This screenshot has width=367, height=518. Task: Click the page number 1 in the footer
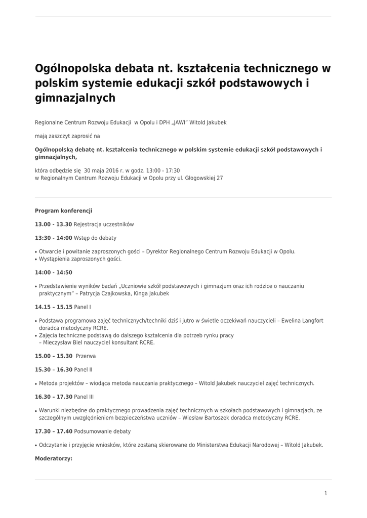point(326,493)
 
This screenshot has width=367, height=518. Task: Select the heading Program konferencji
point(63,210)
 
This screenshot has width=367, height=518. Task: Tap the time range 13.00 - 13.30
point(53,224)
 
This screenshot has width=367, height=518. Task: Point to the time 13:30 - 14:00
point(53,238)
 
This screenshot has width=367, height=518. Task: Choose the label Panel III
point(84,397)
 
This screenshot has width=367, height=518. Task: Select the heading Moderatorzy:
point(53,459)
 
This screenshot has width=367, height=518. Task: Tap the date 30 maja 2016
point(101,171)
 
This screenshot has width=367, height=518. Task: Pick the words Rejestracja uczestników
point(104,224)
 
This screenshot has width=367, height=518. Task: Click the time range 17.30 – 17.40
point(53,431)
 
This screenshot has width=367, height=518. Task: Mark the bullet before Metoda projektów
point(36,383)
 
